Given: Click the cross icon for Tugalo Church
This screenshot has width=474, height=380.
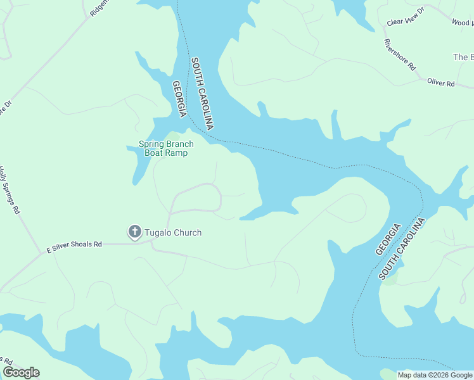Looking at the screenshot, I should click(134, 232).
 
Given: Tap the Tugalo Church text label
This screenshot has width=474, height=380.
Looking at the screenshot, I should click(173, 232).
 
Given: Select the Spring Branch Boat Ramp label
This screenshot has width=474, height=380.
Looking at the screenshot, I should click(166, 148).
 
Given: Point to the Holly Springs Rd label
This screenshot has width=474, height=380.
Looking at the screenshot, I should click(10, 191).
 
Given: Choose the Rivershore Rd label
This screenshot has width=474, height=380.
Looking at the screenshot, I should click(399, 54).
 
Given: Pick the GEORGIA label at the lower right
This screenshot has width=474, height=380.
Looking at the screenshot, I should click(388, 239).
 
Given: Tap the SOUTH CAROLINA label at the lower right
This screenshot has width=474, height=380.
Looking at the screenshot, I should click(402, 248).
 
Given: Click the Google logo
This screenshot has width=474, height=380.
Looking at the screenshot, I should click(21, 372).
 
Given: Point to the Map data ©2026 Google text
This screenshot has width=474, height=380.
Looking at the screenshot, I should click(435, 375).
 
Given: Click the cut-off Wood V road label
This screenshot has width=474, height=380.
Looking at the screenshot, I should click(461, 23).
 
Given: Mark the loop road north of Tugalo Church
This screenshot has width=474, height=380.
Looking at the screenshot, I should click(196, 198).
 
